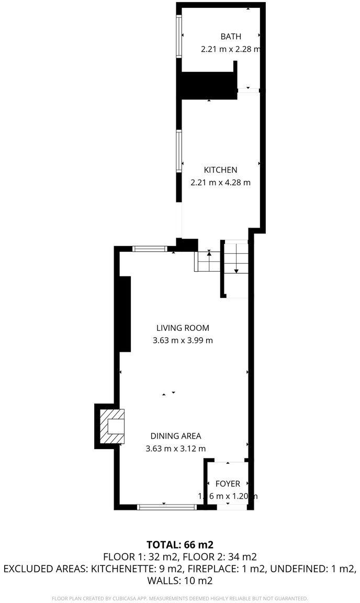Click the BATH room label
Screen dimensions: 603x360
click(231, 37)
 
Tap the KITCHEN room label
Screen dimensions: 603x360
click(220, 170)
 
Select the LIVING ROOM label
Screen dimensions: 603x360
click(183, 328)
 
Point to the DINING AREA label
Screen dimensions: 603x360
click(176, 435)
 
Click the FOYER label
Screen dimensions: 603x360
click(227, 484)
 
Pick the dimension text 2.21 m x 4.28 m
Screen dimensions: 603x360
click(220, 183)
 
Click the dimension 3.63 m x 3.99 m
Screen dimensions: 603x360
click(183, 340)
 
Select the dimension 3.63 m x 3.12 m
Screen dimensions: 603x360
click(176, 448)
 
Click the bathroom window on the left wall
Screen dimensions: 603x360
click(178, 37)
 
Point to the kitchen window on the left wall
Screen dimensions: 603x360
click(178, 150)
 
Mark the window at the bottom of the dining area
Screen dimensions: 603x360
click(166, 507)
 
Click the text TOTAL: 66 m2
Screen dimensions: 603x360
click(180, 544)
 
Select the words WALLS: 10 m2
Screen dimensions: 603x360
click(179, 580)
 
